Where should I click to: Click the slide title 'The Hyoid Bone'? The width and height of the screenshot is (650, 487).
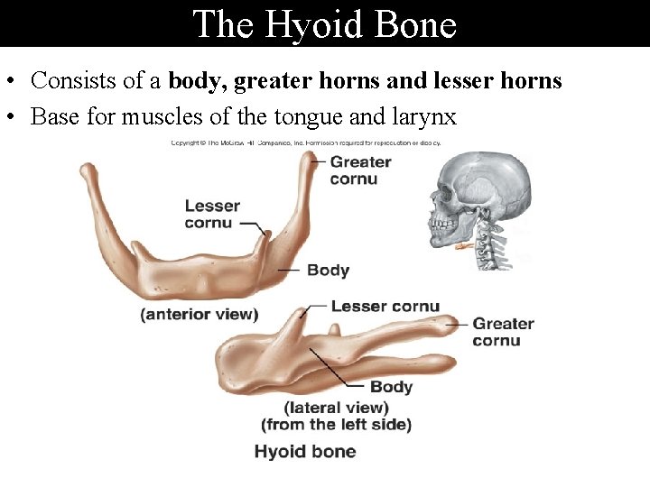[325, 23]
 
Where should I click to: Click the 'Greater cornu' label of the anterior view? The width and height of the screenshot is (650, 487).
[360, 170]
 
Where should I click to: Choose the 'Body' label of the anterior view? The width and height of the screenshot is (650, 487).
[328, 270]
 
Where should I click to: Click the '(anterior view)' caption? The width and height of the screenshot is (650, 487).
[200, 315]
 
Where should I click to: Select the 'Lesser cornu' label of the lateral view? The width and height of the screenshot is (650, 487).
[385, 306]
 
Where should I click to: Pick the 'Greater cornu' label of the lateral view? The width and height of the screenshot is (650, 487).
[503, 332]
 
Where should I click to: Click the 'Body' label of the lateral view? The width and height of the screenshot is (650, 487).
[391, 387]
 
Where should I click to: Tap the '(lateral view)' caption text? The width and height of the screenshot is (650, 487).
[337, 407]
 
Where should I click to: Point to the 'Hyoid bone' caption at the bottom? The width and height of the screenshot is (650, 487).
[305, 452]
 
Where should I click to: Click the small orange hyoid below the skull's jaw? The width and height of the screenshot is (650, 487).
[464, 246]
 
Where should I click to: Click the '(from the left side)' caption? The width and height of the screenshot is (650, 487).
[336, 424]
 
